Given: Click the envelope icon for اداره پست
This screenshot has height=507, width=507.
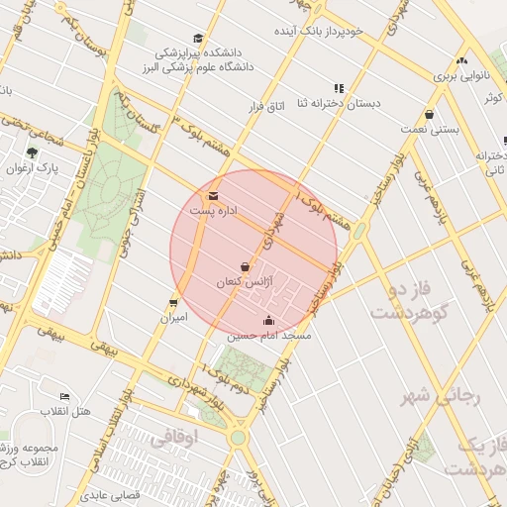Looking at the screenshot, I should tap(214, 195).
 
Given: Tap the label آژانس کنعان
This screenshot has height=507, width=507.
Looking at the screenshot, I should tap(243, 283).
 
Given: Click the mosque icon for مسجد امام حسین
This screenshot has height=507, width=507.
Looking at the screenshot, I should tap(269, 320).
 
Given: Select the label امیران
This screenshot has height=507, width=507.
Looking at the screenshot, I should tap(174, 319).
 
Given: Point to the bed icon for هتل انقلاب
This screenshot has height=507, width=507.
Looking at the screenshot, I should tap(65, 396).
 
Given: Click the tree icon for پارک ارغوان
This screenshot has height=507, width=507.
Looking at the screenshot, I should tap(32, 152).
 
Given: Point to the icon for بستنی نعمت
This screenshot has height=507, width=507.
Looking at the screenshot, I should tap(429, 114).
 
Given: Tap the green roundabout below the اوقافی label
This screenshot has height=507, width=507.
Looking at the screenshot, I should tap(238, 437).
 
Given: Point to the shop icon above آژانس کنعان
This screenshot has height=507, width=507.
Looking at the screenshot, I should tap(245, 267).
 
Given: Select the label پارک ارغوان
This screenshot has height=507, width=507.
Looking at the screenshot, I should tap(34, 167).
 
